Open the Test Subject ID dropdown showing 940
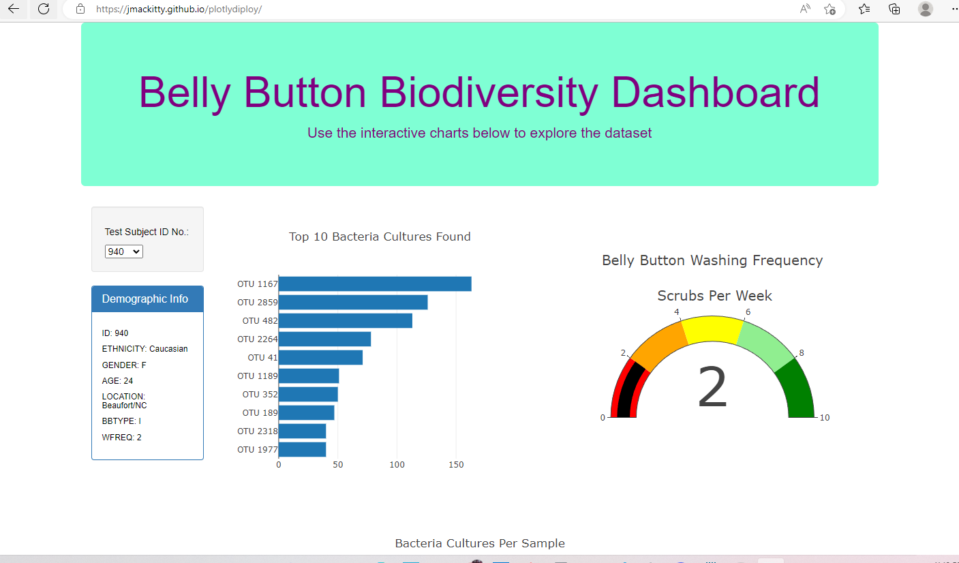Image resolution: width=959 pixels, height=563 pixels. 124,252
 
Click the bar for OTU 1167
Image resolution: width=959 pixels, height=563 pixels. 375,284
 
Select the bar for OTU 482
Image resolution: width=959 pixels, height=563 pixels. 346,320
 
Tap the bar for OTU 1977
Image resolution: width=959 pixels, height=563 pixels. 302,450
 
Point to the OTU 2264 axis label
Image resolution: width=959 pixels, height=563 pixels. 258,339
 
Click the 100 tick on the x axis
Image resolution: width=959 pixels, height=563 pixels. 397,465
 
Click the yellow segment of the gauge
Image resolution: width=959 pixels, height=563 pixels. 712,329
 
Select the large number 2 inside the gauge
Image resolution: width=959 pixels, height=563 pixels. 712,387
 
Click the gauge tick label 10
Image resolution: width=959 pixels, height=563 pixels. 825,417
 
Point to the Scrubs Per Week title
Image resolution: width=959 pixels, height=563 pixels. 714,296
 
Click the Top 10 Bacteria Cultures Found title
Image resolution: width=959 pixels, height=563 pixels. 380,237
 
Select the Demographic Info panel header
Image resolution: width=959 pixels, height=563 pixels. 147,299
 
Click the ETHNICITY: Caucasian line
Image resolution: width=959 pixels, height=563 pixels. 144,349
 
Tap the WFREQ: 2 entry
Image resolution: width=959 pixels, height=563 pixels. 121,437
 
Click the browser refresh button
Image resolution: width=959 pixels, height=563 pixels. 44,9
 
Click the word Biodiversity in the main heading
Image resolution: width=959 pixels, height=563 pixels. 489,93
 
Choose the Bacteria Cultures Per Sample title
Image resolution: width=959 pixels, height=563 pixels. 480,543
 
